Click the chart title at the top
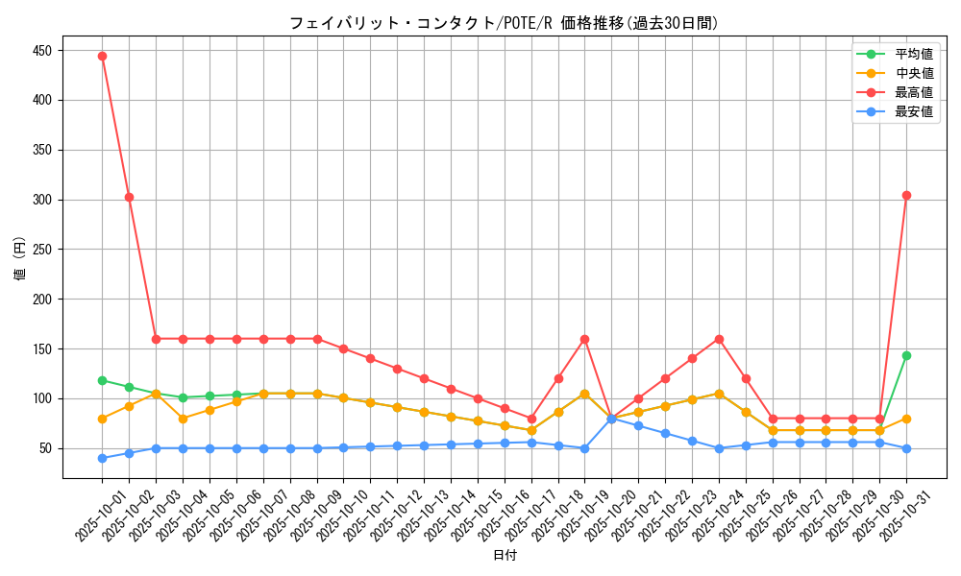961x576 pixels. (x=504, y=23)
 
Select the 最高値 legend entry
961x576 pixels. (x=913, y=92)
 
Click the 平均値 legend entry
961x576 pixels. (x=913, y=54)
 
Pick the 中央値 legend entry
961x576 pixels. (x=913, y=73)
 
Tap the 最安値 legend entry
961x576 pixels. (x=913, y=111)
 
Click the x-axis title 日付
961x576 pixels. (x=505, y=556)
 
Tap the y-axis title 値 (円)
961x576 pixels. (x=20, y=259)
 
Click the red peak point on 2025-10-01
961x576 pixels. (x=102, y=56)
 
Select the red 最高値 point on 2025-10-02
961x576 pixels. (x=129, y=197)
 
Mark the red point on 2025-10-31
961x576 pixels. (x=906, y=195)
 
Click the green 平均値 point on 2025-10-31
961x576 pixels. (x=906, y=355)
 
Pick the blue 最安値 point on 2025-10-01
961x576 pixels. (x=102, y=458)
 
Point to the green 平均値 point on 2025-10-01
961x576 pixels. (x=102, y=380)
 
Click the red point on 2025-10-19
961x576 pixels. (x=584, y=339)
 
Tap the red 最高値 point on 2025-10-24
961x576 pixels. (x=719, y=339)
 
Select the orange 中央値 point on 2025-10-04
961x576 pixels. (x=183, y=419)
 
